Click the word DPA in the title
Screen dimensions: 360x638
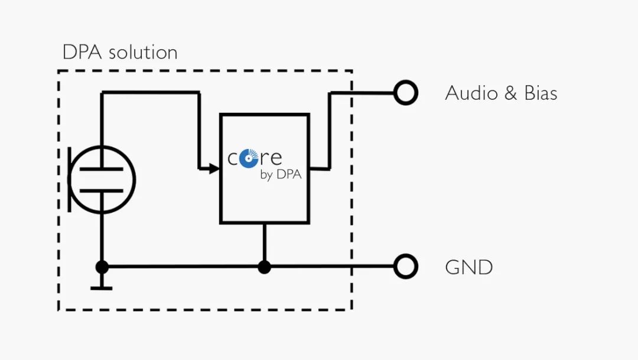82,52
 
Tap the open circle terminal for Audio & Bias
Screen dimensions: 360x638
406,93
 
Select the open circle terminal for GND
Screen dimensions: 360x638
406,267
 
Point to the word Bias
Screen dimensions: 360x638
541,93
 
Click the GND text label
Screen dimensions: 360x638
468,268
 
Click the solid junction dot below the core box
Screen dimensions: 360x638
264,267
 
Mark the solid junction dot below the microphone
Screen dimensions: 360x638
102,267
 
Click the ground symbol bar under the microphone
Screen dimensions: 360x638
102,288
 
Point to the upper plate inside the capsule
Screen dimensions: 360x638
102,168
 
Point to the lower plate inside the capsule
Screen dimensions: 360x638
102,190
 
